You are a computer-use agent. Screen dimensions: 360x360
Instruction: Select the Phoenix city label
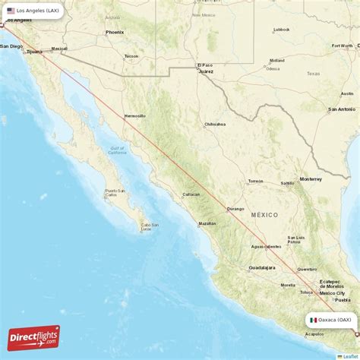point(115,32)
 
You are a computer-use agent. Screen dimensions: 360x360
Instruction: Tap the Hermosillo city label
point(134,115)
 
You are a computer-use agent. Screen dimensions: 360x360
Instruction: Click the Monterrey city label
point(311,178)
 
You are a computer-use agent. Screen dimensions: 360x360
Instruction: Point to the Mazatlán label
point(207,223)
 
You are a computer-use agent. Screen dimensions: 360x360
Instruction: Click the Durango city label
point(235,208)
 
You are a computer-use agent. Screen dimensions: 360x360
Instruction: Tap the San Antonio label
point(339,109)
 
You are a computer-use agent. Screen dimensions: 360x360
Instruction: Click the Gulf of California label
point(117,150)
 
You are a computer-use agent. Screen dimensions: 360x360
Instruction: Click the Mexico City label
point(332,292)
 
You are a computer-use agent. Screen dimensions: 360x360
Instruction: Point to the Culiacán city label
point(191,194)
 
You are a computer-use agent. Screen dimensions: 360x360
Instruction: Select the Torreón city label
point(254,182)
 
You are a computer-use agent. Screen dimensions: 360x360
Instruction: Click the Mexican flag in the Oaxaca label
point(313,320)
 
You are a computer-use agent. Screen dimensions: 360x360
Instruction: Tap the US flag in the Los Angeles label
point(11,11)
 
